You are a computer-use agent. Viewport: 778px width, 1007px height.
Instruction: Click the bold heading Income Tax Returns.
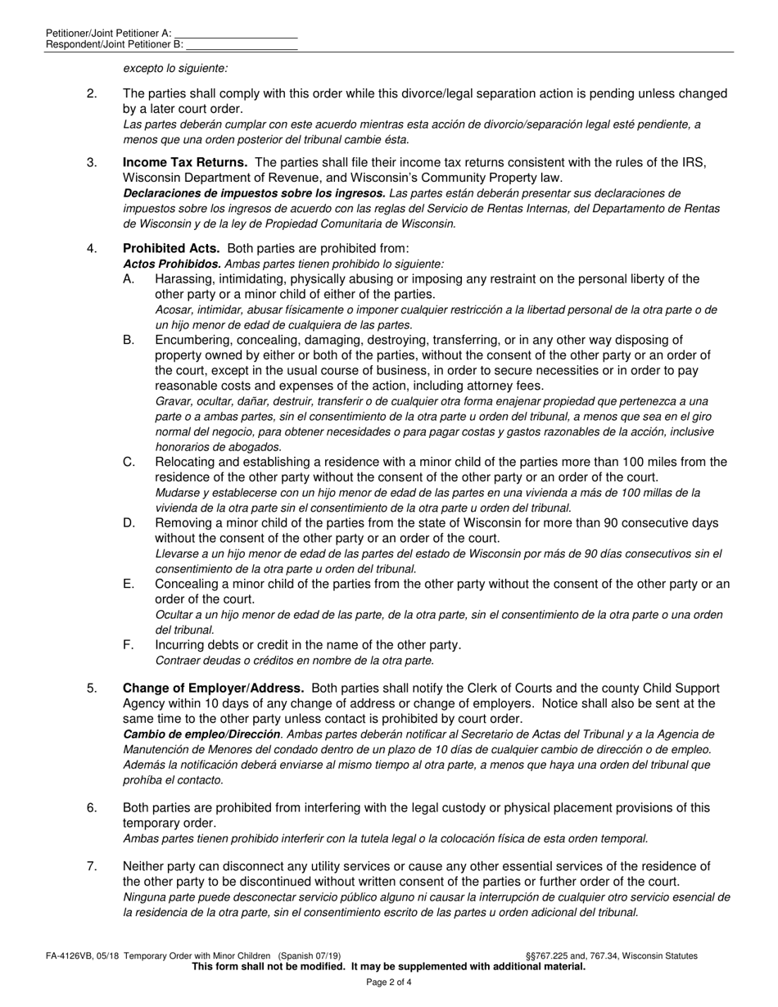185,162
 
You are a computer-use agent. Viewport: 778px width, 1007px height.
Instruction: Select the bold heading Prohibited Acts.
171,248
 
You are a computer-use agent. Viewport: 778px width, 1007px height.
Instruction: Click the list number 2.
92,93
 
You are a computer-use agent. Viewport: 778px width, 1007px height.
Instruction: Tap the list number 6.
92,808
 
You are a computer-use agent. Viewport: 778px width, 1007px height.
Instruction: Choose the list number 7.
92,866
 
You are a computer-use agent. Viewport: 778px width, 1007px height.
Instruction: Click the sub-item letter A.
129,279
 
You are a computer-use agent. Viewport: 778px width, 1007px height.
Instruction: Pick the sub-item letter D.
129,523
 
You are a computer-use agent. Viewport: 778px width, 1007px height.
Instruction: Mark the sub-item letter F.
129,645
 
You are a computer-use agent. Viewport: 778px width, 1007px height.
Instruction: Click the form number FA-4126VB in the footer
73,955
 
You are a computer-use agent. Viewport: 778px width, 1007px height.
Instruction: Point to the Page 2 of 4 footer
388,982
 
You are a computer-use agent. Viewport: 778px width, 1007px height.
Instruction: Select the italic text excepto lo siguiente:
175,70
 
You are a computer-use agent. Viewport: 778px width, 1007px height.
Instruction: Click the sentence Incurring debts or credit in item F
308,645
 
